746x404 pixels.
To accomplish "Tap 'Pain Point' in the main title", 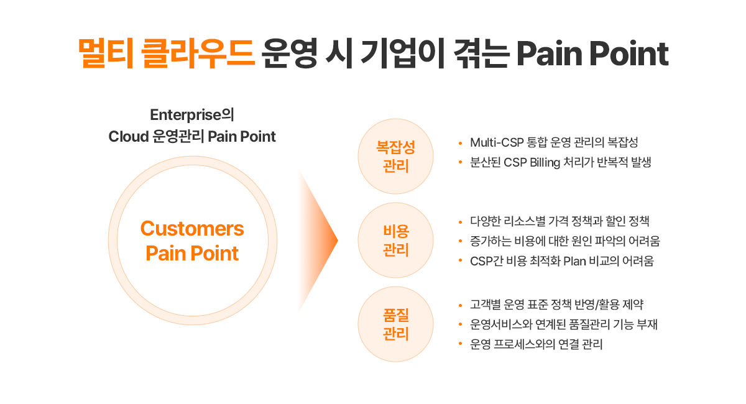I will [592, 54].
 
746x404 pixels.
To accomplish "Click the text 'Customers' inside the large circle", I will [192, 229].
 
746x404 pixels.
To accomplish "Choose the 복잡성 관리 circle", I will [395, 157].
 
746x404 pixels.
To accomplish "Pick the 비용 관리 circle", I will [395, 240].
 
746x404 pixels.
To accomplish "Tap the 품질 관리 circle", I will [395, 324].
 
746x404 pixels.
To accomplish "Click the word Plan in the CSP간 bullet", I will [575, 261].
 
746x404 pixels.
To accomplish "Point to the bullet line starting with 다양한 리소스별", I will [559, 221].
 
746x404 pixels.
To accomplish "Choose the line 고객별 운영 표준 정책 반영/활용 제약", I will [556, 305].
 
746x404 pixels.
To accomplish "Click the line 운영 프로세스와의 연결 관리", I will [536, 344].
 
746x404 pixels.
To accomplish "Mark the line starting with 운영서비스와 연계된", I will [564, 324].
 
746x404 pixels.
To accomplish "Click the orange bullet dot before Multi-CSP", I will [459, 143].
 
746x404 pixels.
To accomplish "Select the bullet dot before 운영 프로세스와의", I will [459, 344].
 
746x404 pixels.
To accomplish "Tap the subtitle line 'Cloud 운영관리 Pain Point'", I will [192, 137].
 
